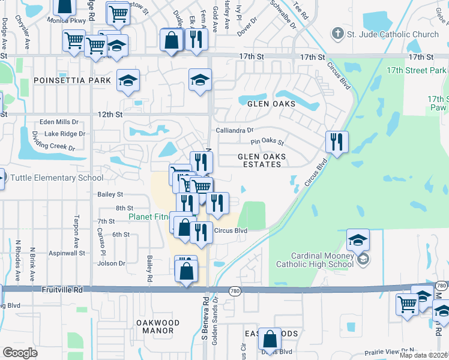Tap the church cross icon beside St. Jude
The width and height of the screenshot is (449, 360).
[339, 34]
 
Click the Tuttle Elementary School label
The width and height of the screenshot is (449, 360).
[52, 178]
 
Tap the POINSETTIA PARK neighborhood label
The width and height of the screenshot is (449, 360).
[73, 80]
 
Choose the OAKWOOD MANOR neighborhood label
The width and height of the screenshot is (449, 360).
[158, 326]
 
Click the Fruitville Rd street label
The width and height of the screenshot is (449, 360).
[62, 290]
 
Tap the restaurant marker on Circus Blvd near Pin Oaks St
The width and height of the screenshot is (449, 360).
[336, 143]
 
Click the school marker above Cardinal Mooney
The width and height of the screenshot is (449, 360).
[358, 240]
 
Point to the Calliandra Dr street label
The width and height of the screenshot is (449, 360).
[235, 130]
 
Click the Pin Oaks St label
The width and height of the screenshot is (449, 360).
[267, 143]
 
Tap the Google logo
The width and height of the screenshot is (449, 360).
[20, 352]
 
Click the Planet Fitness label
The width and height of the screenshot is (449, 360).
[149, 216]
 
